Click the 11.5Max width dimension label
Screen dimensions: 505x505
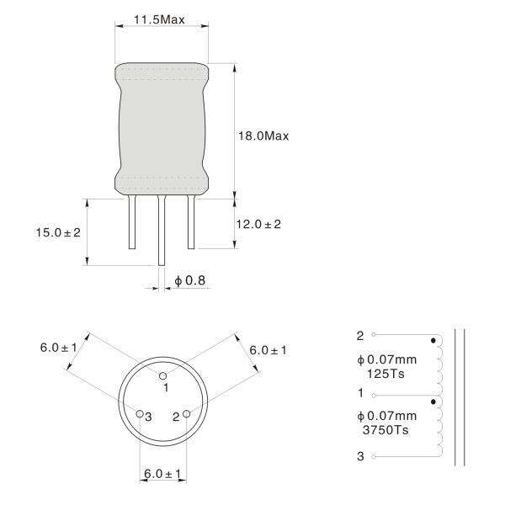point(159,19)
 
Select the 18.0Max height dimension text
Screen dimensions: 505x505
point(263,136)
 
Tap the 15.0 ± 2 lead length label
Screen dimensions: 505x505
point(58,232)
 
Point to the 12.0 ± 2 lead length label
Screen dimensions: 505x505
point(258,224)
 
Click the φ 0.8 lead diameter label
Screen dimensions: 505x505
point(189,280)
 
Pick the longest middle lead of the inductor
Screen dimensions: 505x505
point(162,231)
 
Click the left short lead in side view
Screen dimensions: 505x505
point(132,222)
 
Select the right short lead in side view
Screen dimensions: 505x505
point(191,222)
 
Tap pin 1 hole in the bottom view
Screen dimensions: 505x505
point(163,376)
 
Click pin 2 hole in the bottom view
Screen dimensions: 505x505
point(187,413)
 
